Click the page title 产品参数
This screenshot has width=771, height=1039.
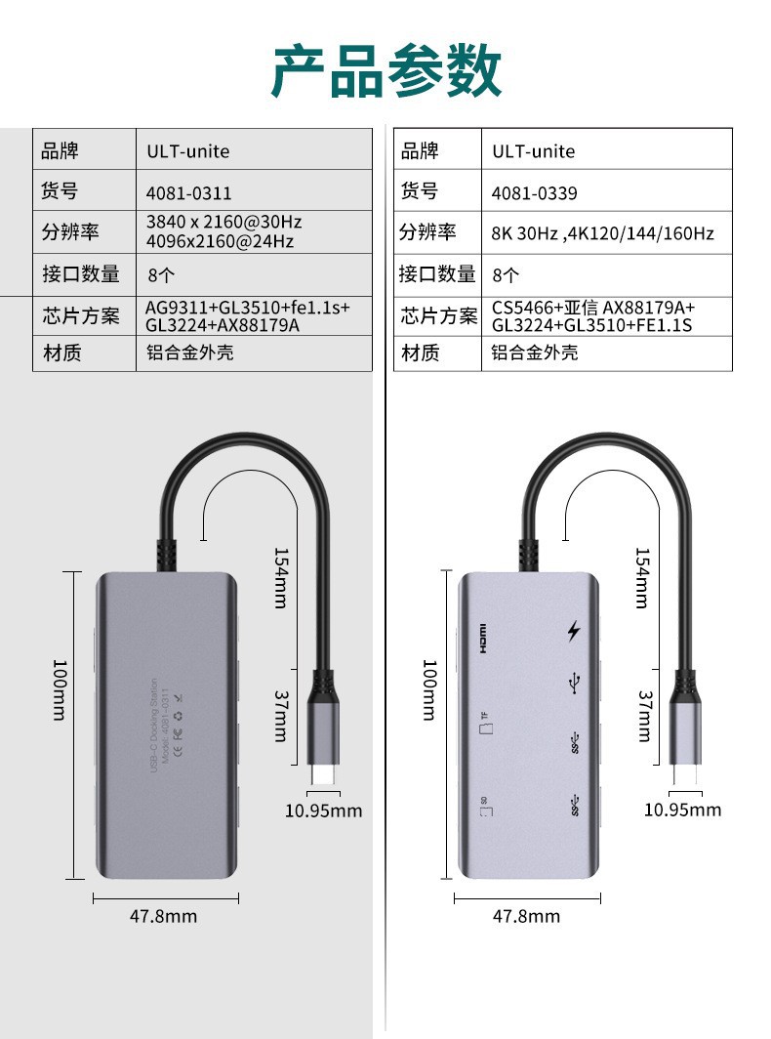click(385, 71)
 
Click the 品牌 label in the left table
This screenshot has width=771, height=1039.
click(60, 150)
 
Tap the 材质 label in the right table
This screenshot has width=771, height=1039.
click(421, 353)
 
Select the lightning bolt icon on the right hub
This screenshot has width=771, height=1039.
click(574, 632)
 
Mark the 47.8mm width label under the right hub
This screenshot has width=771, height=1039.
click(526, 916)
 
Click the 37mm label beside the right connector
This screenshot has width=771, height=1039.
click(644, 716)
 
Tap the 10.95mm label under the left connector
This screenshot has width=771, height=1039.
click(323, 810)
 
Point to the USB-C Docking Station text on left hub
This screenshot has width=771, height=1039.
click(153, 727)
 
